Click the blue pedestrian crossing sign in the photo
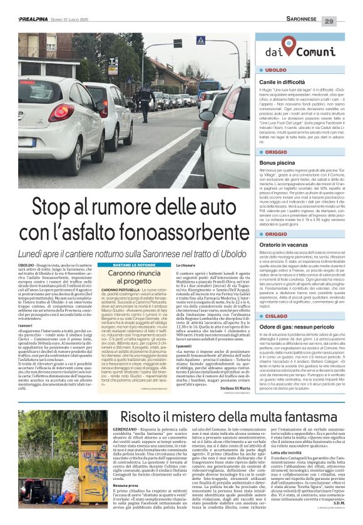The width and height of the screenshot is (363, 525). point(200,41)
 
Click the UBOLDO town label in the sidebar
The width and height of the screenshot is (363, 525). point(276,70)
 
